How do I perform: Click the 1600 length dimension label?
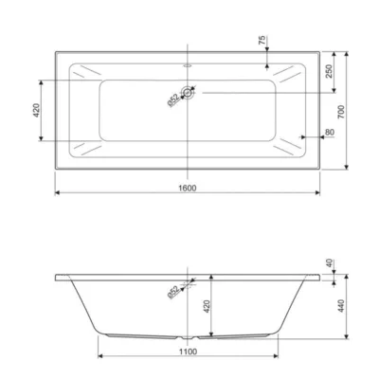pos(188,189)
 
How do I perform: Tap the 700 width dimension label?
pos(342,112)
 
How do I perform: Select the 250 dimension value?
pos(329,71)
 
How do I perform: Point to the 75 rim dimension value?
pos(262,41)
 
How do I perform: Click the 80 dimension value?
pos(330,132)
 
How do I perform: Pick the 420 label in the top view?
pos(37,111)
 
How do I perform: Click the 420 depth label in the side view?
pos(206,306)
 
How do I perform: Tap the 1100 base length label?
pos(189,352)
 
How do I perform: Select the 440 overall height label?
pos(341,306)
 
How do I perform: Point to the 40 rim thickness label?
pos(329,263)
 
